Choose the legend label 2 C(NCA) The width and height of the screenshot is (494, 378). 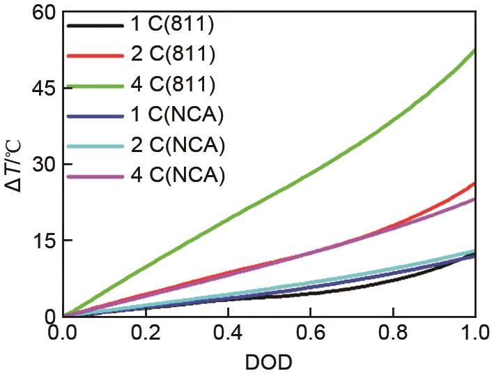(177, 146)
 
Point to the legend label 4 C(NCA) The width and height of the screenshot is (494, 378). (177, 176)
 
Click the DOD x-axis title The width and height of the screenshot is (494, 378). (269, 363)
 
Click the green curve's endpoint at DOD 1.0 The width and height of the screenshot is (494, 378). (474, 51)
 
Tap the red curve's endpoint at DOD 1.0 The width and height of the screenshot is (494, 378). (474, 183)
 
